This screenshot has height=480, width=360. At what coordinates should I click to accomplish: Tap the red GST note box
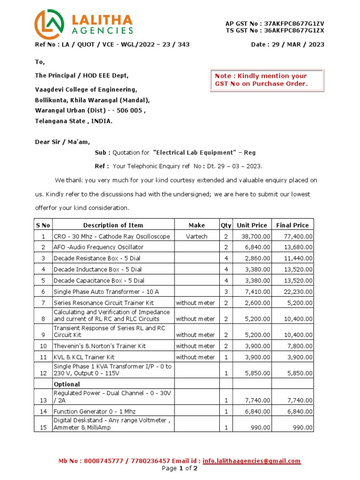(266, 80)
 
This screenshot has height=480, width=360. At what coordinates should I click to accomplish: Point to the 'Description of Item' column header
(113, 225)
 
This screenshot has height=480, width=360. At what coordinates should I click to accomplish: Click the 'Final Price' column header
(292, 225)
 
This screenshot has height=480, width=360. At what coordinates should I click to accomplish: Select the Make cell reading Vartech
(196, 236)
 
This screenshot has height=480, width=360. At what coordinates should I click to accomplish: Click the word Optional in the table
(67, 384)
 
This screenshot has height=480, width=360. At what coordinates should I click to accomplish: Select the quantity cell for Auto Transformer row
(225, 292)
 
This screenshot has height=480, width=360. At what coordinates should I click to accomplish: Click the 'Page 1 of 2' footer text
(180, 468)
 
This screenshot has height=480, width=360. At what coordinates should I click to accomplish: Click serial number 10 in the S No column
(43, 345)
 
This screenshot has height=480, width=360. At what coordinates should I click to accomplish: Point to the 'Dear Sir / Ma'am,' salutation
(62, 142)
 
